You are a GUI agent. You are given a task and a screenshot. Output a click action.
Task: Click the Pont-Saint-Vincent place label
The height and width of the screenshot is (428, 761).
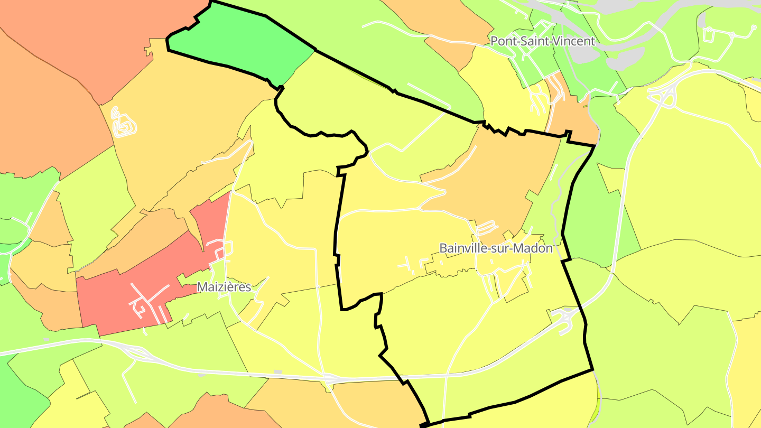(543, 41)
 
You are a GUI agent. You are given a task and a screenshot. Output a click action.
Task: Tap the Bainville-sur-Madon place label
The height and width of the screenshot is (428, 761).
(496, 248)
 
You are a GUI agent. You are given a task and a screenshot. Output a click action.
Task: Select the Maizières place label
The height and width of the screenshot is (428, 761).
(224, 287)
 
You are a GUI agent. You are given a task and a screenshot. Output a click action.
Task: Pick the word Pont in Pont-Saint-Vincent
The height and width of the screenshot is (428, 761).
(503, 41)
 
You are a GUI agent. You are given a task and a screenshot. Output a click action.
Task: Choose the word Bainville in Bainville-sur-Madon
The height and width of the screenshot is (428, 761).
(462, 248)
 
